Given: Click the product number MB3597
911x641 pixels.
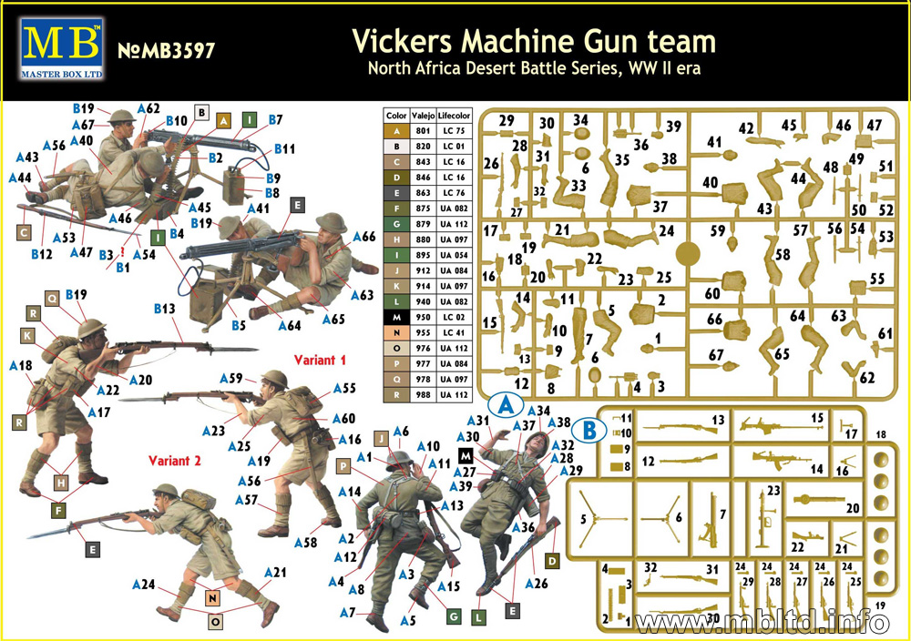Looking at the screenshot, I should [x=167, y=50].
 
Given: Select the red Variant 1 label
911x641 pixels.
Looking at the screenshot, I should [x=320, y=360].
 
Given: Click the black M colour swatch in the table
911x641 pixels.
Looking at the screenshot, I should [x=396, y=318].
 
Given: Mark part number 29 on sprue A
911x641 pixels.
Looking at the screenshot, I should [x=507, y=121].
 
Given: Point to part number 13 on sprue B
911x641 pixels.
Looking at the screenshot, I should [x=719, y=420].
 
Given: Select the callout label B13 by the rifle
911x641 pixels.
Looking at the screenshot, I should [x=164, y=310].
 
